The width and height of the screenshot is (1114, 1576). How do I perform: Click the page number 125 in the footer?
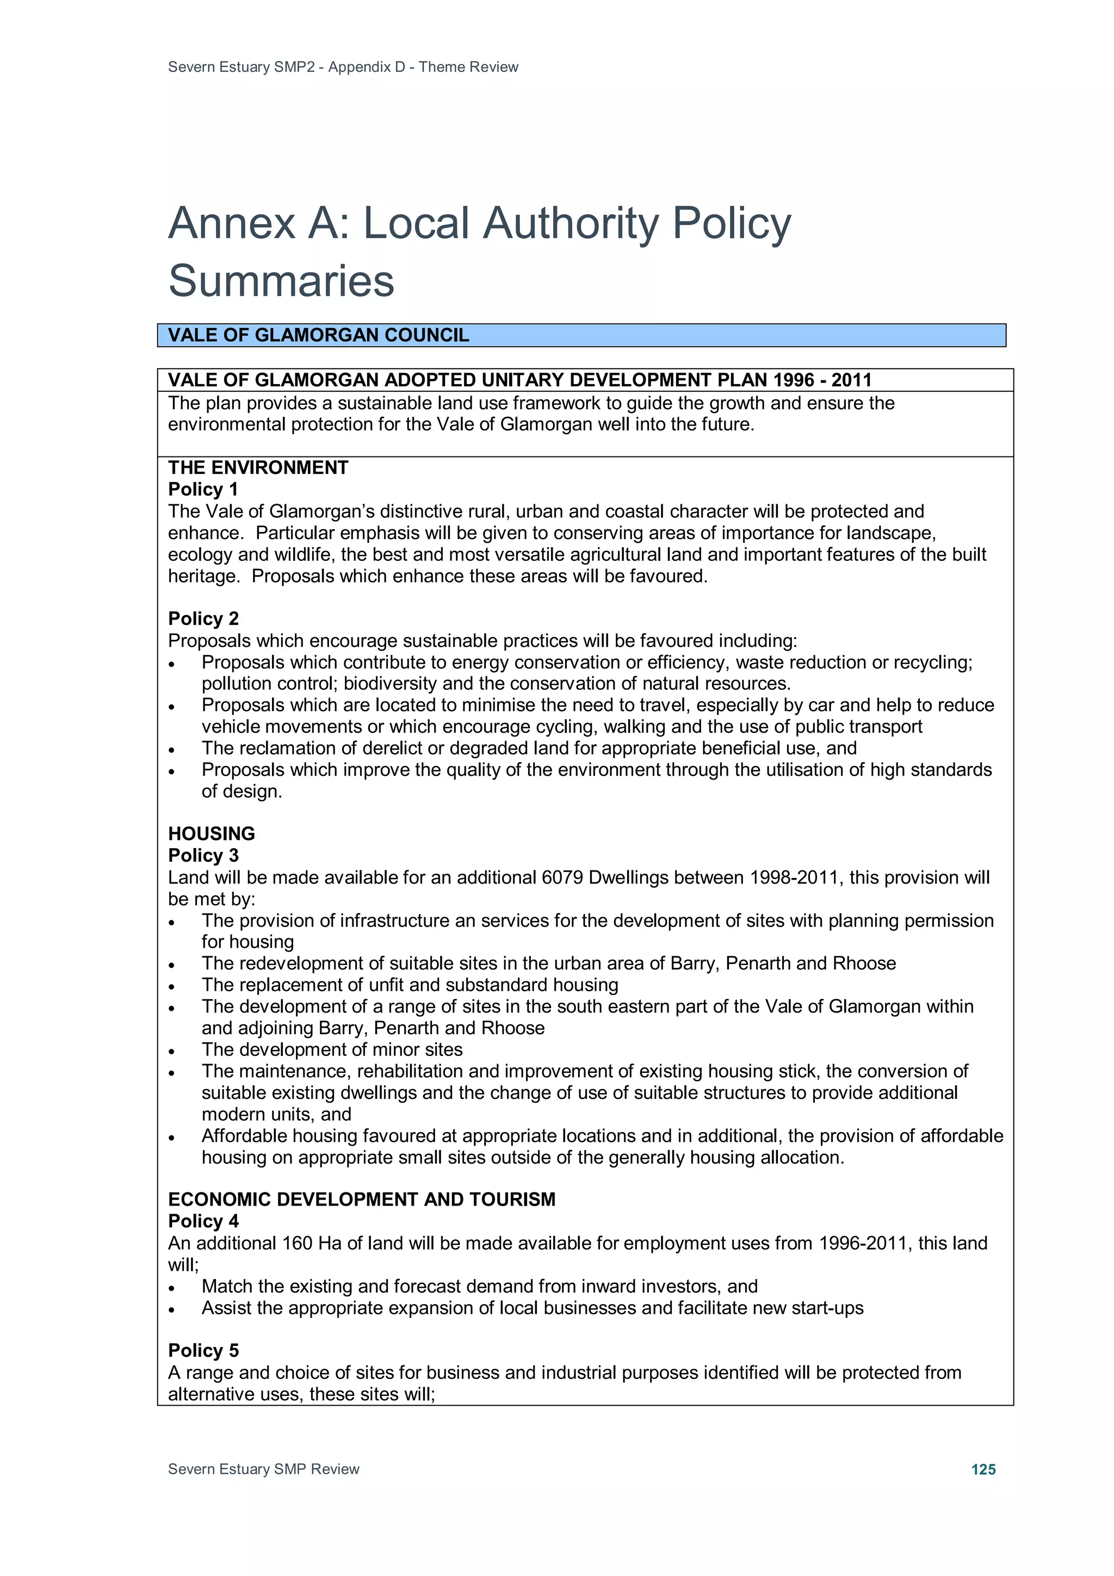click(983, 1469)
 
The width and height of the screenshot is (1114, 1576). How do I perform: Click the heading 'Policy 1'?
click(203, 490)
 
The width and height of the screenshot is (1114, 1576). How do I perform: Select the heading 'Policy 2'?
click(203, 619)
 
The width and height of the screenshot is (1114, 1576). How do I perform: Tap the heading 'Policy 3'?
click(203, 855)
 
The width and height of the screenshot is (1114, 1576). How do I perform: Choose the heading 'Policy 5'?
click(203, 1350)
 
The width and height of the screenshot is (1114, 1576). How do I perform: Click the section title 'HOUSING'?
click(212, 833)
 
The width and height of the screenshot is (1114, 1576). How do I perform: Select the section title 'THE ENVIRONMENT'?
click(258, 467)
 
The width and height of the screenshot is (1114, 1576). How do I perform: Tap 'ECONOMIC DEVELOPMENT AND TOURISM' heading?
click(362, 1199)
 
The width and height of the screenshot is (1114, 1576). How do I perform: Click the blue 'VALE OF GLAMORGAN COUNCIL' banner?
click(581, 335)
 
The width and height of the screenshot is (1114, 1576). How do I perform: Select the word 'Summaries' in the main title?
click(281, 280)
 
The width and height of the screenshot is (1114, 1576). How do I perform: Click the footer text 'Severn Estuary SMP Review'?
click(264, 1469)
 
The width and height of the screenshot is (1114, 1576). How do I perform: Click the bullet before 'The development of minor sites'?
click(172, 1052)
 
